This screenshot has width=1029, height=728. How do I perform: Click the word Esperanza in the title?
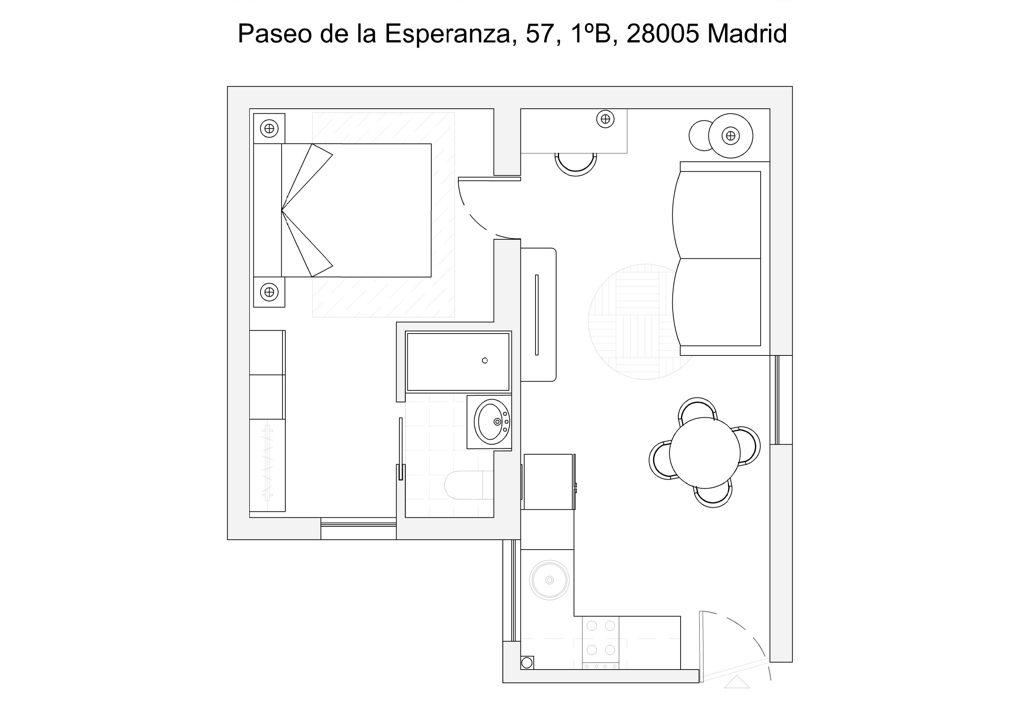(447, 34)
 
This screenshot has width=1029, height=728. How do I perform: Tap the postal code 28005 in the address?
(662, 34)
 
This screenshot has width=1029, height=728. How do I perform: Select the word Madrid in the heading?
(747, 34)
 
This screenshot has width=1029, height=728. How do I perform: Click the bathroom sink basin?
(491, 422)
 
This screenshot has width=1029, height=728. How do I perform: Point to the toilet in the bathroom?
(469, 485)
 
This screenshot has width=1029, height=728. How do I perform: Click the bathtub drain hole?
(484, 360)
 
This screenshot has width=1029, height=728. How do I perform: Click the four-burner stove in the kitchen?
(601, 643)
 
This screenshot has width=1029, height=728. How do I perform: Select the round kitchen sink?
(550, 580)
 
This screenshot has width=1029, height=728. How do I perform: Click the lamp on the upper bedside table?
(269, 129)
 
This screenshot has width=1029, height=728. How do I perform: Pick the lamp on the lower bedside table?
(269, 292)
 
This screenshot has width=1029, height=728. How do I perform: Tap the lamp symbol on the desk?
(606, 119)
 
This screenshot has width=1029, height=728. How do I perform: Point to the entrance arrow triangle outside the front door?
(737, 682)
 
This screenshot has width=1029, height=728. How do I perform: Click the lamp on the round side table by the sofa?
(730, 136)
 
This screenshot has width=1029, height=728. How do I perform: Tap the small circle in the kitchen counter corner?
(527, 662)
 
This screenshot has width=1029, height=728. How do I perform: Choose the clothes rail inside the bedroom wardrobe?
(268, 463)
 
